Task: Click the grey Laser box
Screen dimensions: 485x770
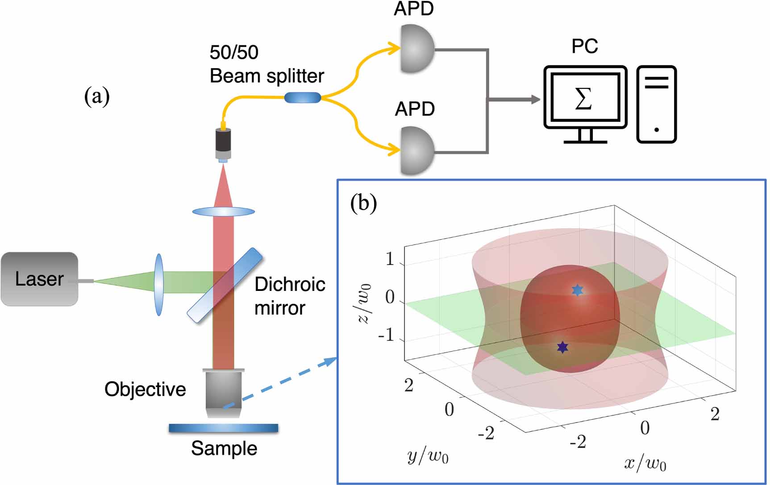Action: (39, 279)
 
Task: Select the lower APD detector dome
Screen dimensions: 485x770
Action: (416, 151)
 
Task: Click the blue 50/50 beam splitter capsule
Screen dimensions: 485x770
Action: (303, 97)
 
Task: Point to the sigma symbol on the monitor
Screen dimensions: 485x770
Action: (583, 99)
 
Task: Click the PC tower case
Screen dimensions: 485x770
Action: (656, 104)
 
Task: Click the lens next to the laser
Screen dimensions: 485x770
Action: (158, 285)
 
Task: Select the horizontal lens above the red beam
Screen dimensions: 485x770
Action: (223, 211)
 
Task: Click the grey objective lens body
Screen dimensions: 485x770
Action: (223, 393)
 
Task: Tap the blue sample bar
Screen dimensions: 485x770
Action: (223, 428)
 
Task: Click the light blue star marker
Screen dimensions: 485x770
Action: (578, 290)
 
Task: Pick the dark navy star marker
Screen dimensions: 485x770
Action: (562, 347)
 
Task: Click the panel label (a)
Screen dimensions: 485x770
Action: (97, 96)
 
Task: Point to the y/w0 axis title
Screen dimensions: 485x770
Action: (428, 456)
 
